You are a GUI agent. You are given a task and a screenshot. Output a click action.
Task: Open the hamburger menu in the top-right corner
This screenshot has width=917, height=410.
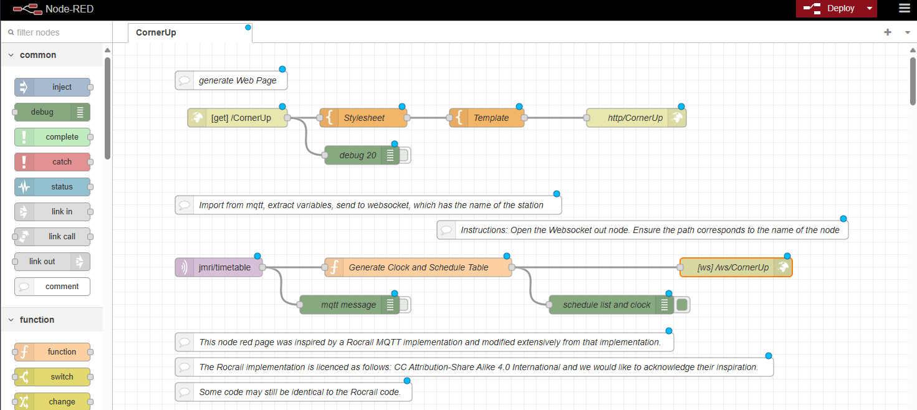[x=904, y=9]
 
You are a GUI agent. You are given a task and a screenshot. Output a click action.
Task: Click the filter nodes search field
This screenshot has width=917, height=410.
[x=56, y=32]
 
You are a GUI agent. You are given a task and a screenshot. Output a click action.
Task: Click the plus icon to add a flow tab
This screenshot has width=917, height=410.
[x=888, y=32]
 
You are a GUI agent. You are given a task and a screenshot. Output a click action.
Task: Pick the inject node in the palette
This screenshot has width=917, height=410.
[x=53, y=87]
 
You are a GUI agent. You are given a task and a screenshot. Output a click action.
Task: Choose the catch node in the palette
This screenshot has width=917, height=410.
[x=53, y=162]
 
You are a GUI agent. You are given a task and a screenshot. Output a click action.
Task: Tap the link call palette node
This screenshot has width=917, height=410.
[x=53, y=237]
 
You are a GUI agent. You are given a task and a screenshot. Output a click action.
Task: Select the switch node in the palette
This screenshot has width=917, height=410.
[x=53, y=377]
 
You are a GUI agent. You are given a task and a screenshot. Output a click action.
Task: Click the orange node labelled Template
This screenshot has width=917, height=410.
[x=487, y=118]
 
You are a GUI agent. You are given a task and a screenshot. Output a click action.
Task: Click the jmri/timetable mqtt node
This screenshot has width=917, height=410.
[x=219, y=267]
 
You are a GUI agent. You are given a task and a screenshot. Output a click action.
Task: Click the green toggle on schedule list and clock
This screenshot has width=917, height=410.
[x=682, y=305]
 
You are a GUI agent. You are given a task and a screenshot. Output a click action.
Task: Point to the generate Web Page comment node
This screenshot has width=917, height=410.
[x=231, y=80]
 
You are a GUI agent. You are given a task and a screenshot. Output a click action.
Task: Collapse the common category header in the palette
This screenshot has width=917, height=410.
[x=37, y=55]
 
